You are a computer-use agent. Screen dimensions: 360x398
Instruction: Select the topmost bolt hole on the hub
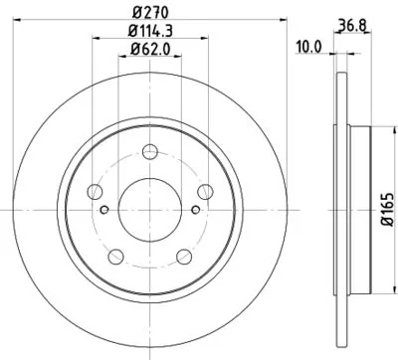tap(149, 151)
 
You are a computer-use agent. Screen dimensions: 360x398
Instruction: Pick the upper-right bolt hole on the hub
tap(205, 191)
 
